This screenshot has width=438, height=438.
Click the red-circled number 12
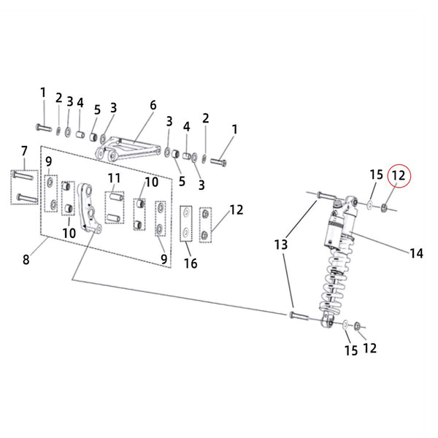(398, 176)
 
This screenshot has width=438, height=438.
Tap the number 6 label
(153, 105)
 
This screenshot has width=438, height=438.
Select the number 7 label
(24, 150)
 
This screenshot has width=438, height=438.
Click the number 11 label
(114, 178)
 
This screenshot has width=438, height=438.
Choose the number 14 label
(416, 253)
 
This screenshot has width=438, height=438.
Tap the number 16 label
(191, 264)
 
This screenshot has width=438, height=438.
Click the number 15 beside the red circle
(376, 174)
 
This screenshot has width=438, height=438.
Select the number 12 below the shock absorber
(369, 348)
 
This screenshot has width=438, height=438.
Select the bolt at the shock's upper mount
(325, 196)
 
